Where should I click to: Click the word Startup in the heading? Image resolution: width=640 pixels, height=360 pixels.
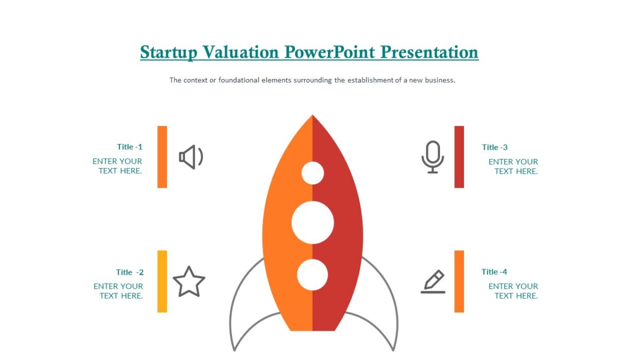[168, 52]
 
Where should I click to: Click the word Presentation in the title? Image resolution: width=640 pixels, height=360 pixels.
[429, 52]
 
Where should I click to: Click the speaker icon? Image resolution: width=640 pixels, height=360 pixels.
[191, 157]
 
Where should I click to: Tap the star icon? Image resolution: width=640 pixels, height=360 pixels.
[189, 282]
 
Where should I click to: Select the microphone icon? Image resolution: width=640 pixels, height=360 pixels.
[433, 157]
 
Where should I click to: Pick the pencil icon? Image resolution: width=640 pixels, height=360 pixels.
[433, 282]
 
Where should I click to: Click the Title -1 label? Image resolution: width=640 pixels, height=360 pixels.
[130, 147]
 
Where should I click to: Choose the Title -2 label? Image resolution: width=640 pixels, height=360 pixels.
[130, 272]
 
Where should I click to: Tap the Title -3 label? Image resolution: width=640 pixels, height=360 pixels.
[494, 147]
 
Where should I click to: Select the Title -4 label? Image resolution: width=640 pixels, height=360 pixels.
[494, 272]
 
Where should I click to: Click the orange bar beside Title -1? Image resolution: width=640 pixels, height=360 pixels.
[162, 157]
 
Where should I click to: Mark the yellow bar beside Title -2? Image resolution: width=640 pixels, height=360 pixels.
[162, 281]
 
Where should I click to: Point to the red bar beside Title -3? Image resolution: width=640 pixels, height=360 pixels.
[459, 157]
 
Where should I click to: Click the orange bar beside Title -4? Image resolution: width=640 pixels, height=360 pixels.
[459, 281]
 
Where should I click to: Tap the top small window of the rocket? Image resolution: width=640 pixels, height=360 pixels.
[313, 173]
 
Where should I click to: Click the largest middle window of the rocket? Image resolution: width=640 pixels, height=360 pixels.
[313, 223]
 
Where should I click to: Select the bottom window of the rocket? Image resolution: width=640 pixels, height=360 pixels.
[313, 274]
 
